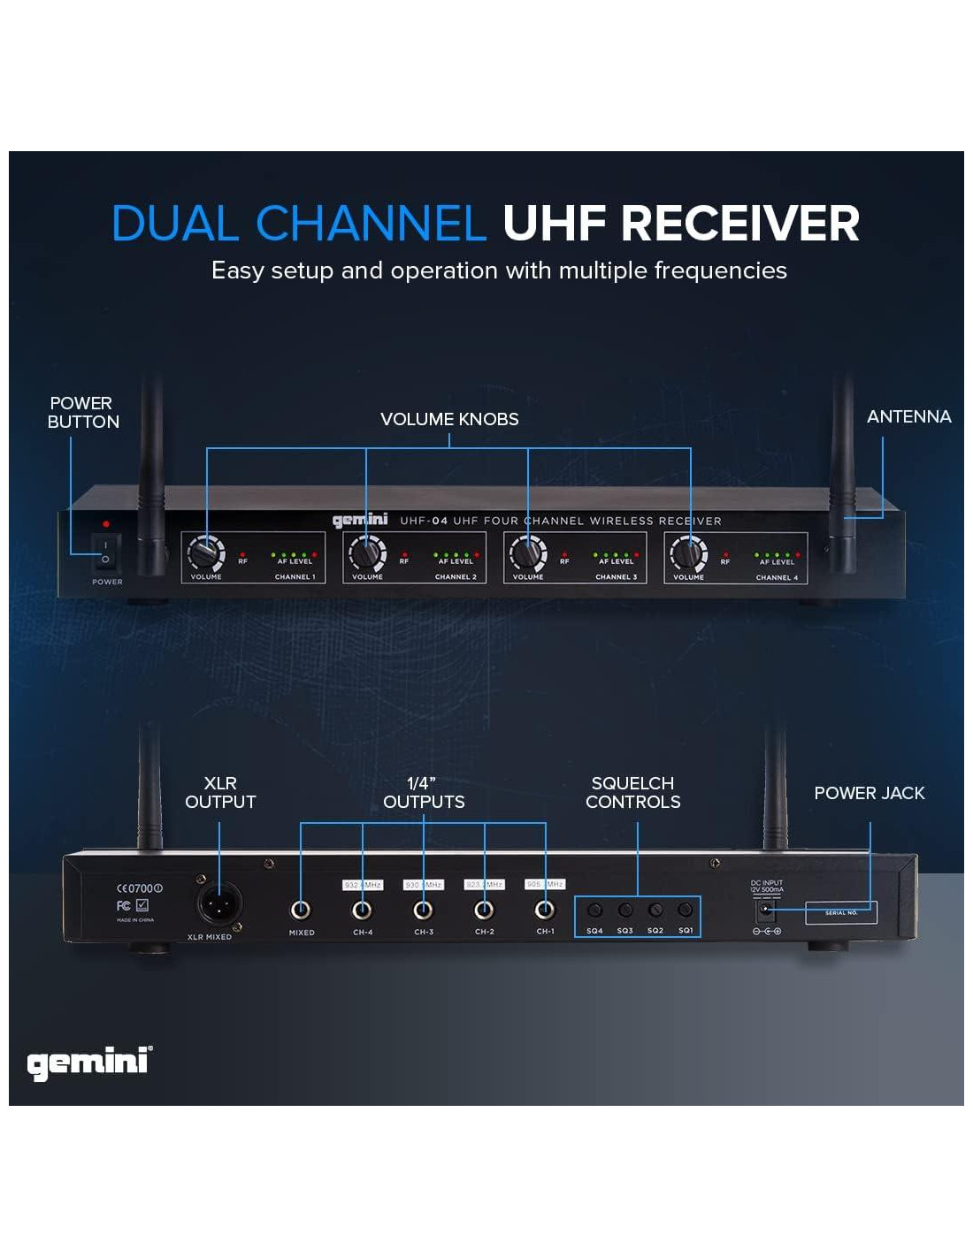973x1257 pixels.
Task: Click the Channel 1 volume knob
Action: pos(205,554)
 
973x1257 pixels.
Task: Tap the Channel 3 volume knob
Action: pos(527,554)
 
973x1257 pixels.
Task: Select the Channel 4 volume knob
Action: pos(688,555)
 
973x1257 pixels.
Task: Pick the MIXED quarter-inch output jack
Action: pos(301,910)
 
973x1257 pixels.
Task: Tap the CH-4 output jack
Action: pos(362,910)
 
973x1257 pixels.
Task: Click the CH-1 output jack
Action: pos(545,910)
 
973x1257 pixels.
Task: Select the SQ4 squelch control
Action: pos(594,910)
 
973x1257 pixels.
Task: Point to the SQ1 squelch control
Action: pos(686,910)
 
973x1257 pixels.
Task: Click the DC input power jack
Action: pos(765,909)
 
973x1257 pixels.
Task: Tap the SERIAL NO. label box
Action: pos(840,912)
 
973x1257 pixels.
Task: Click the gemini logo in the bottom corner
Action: pos(88,1062)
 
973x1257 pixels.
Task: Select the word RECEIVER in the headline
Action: pos(739,223)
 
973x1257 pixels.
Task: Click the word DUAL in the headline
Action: pos(175,223)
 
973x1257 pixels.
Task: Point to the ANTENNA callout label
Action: pos(908,416)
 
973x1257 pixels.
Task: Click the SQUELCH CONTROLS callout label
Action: pos(632,793)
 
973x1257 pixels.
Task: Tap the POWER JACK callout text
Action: pos(869,793)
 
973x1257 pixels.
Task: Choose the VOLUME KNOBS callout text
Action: pos(449,419)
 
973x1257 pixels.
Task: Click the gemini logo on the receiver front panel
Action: pos(360,520)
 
